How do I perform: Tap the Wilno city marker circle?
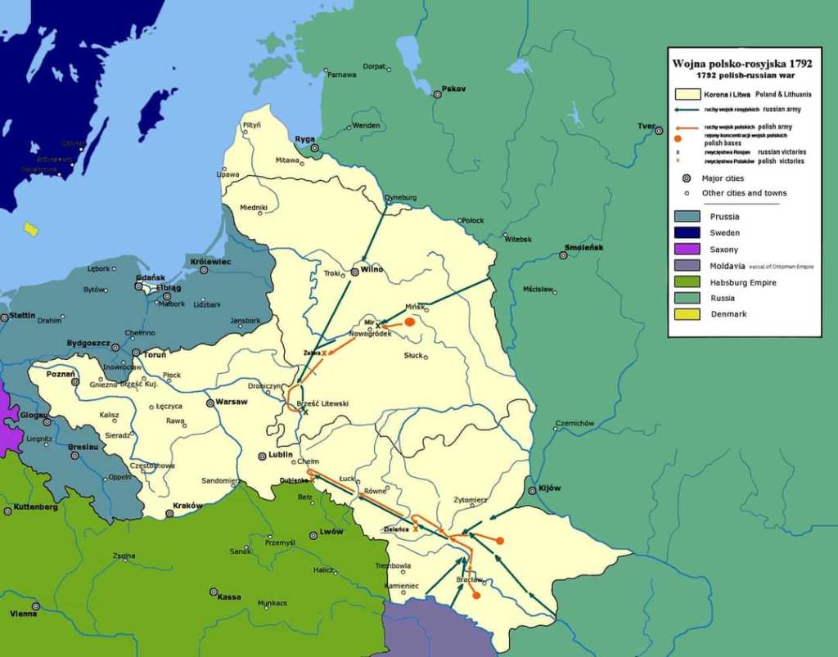click(x=355, y=271)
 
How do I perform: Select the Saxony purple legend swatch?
click(x=687, y=250)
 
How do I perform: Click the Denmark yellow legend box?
click(x=687, y=314)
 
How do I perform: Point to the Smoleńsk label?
click(x=583, y=247)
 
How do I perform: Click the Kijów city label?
click(x=550, y=488)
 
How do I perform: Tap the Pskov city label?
click(x=453, y=88)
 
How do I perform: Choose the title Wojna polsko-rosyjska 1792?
click(x=743, y=63)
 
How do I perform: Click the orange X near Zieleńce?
click(x=416, y=529)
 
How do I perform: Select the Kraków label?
click(x=188, y=506)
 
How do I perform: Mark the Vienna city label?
click(x=23, y=613)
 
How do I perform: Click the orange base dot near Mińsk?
click(x=410, y=322)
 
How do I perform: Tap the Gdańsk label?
click(x=150, y=277)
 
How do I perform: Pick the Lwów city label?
click(x=331, y=532)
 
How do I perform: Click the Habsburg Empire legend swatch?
click(x=687, y=282)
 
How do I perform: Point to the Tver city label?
click(x=646, y=126)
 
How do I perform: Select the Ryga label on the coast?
click(x=305, y=138)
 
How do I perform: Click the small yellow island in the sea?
click(x=31, y=229)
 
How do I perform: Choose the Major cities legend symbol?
click(x=687, y=178)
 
